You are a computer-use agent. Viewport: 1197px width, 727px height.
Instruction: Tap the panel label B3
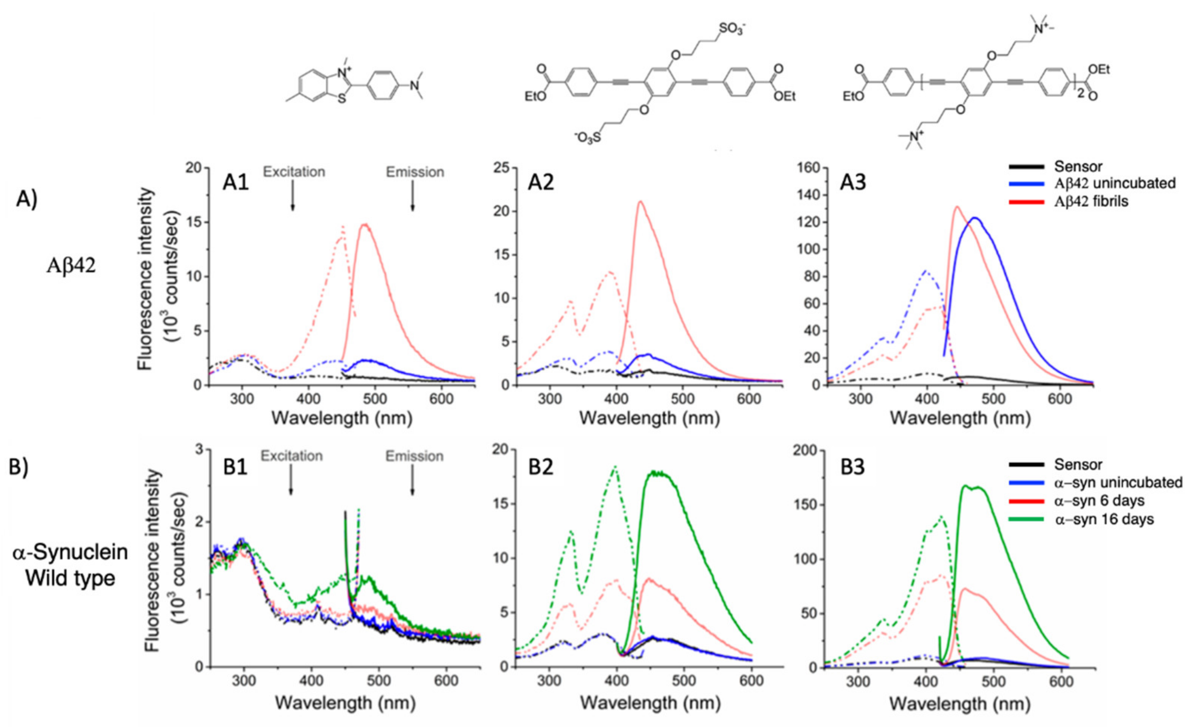coord(853,467)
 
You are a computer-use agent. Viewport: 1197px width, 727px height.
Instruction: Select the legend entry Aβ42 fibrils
coord(1090,201)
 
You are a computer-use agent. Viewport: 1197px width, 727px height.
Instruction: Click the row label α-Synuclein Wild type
coord(70,565)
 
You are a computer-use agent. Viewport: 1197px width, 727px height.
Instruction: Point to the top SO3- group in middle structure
coord(732,29)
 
